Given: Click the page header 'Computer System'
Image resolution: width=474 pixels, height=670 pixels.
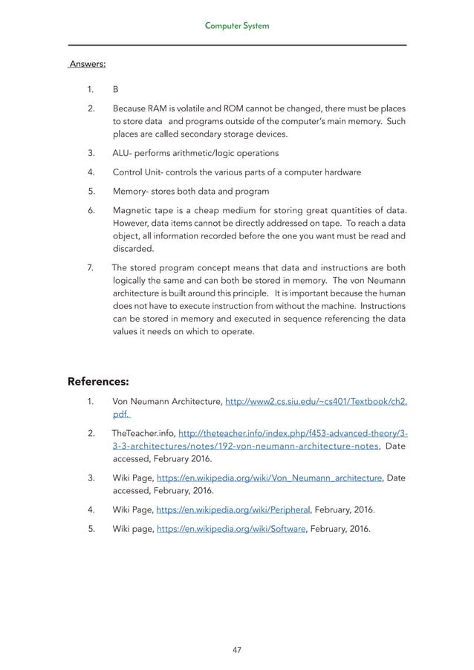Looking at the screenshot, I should [x=237, y=26].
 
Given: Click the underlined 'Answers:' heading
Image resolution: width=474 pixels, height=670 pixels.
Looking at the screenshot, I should [x=87, y=64].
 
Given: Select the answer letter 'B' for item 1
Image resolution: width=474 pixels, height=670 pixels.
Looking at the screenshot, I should [x=115, y=89].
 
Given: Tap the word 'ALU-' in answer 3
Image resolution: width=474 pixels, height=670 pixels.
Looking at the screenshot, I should [x=124, y=153].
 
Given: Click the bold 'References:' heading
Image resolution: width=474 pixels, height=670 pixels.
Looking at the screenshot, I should [x=99, y=382].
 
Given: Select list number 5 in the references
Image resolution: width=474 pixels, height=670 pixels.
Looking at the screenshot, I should [x=90, y=530].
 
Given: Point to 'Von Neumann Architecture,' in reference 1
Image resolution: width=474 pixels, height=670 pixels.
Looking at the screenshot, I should [x=166, y=403].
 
